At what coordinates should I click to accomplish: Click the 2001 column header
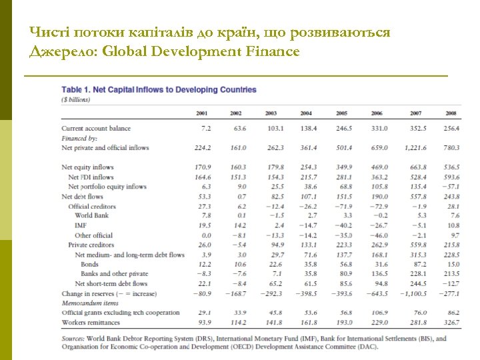click(202, 113)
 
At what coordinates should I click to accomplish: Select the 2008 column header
click(451, 113)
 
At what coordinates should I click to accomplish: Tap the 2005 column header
click(342, 113)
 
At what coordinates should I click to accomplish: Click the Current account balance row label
click(96, 128)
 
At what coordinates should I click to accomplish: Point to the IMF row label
click(81, 225)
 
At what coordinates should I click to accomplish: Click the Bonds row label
click(89, 264)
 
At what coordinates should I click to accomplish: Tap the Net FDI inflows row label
click(91, 177)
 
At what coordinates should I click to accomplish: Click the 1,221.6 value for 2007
click(414, 147)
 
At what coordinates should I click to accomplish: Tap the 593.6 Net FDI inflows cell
click(451, 177)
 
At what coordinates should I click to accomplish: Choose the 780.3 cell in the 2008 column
click(451, 147)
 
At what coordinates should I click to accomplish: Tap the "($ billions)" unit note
click(75, 100)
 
